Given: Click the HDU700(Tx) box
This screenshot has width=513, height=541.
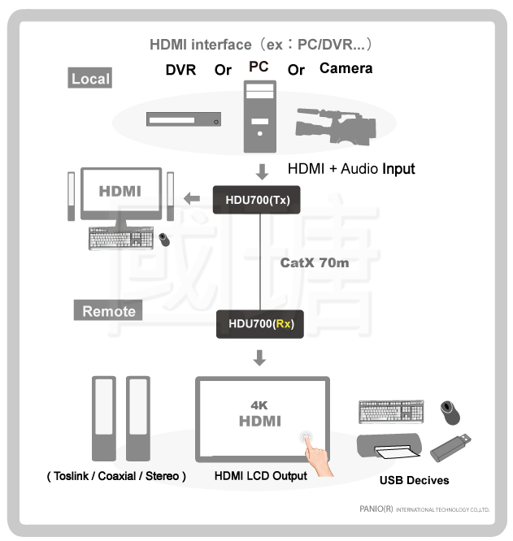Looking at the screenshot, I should pyautogui.click(x=257, y=200).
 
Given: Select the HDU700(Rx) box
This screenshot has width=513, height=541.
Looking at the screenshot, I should pyautogui.click(x=260, y=324).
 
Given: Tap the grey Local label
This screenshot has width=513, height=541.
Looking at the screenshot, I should pyautogui.click(x=89, y=78).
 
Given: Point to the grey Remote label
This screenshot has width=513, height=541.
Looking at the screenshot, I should pyautogui.click(x=108, y=310).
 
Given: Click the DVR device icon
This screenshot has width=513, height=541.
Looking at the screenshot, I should pyautogui.click(x=184, y=119).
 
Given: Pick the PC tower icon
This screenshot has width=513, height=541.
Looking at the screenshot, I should pyautogui.click(x=259, y=117).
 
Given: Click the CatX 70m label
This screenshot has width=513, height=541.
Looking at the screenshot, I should pyautogui.click(x=314, y=263).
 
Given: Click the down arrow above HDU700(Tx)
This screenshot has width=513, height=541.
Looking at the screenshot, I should pyautogui.click(x=261, y=172).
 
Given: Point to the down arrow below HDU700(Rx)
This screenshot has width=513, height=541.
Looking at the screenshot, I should pyautogui.click(x=260, y=357).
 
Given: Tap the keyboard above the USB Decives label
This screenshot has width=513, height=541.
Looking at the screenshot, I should pyautogui.click(x=392, y=411).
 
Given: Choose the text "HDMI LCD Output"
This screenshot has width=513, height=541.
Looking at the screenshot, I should pyautogui.click(x=260, y=476).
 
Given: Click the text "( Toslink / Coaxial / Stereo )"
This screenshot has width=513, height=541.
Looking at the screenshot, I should pyautogui.click(x=116, y=476).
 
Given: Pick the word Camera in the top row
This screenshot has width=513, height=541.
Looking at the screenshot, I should pyautogui.click(x=346, y=68).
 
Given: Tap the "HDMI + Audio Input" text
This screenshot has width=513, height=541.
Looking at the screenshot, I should pyautogui.click(x=351, y=169).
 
